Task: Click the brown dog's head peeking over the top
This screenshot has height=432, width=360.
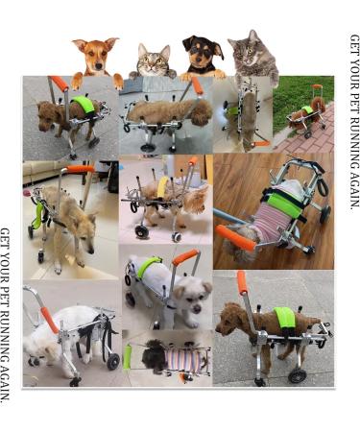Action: [x=95, y=55]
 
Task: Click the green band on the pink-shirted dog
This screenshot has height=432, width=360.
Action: [x=288, y=203]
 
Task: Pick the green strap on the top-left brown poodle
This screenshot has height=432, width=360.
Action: [x=84, y=104]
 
